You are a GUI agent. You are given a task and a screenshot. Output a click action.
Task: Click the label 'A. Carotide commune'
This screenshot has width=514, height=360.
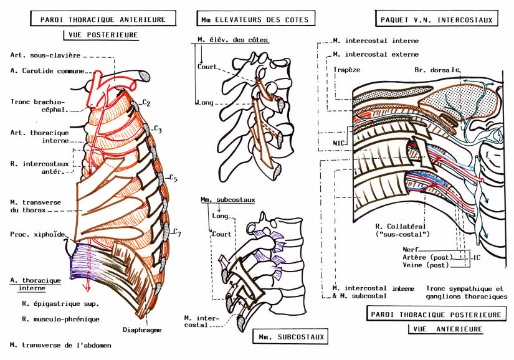coord(48,70)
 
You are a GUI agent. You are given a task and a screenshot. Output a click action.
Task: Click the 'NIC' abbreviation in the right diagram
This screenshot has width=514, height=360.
coord(339,142)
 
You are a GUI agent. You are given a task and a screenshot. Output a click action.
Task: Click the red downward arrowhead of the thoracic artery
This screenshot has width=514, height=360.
coord(88,288)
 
